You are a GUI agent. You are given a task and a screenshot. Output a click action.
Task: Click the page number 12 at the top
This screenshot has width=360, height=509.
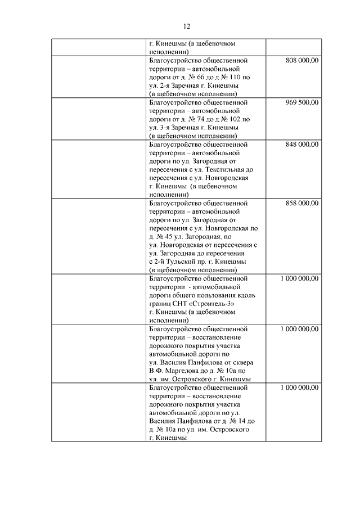[187, 26]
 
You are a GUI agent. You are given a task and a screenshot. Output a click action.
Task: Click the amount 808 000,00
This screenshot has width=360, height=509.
[302, 60]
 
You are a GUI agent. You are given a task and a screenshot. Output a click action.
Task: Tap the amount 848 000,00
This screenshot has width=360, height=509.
[302, 144]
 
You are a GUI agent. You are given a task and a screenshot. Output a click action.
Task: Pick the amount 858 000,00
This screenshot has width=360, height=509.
[302, 203]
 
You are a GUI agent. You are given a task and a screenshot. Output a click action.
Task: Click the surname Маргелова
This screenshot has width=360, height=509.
[184, 371]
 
